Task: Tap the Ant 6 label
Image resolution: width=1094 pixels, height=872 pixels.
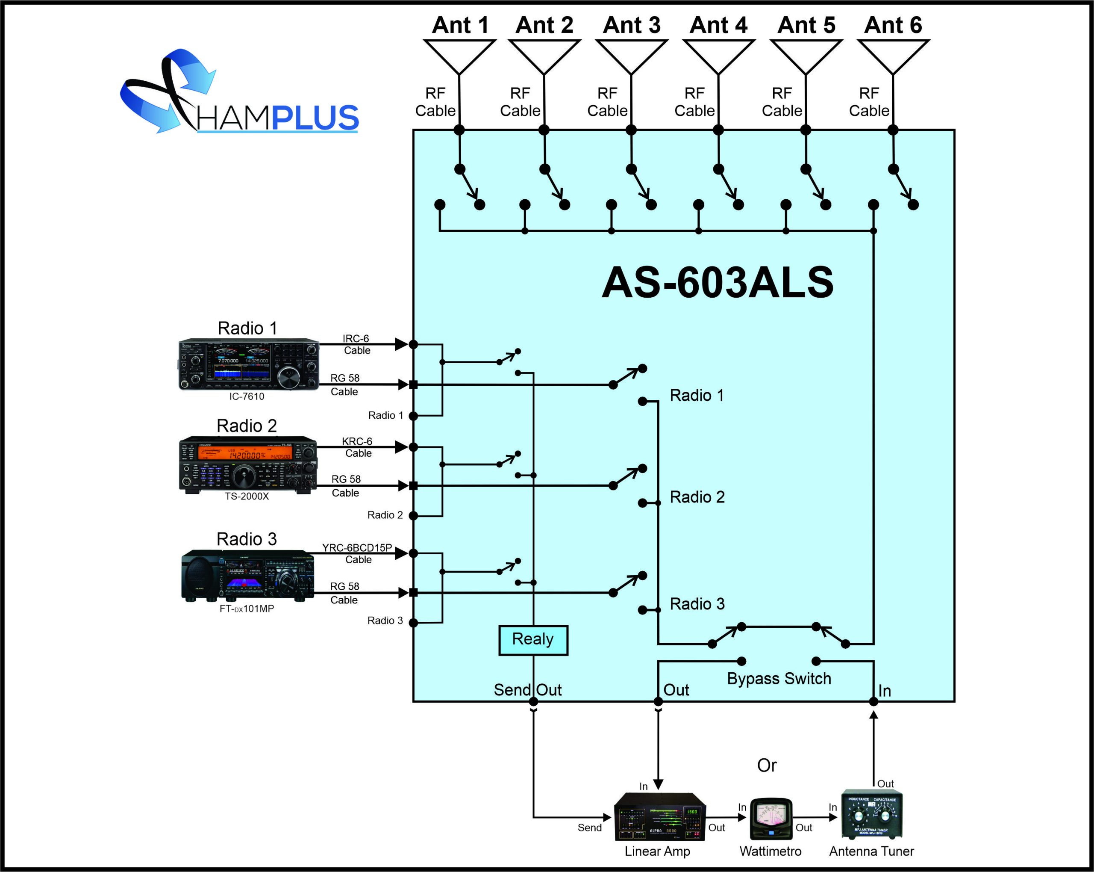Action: pyautogui.click(x=893, y=25)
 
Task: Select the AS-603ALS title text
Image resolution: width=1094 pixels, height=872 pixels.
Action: pyautogui.click(x=717, y=283)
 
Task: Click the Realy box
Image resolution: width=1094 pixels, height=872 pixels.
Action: pyautogui.click(x=533, y=639)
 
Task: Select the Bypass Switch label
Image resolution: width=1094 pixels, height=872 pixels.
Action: pyautogui.click(x=779, y=679)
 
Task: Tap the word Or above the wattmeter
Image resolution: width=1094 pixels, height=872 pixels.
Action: pyautogui.click(x=767, y=766)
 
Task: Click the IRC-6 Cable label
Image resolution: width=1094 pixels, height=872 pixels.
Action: pyautogui.click(x=356, y=344)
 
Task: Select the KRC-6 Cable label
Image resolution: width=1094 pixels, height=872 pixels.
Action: pyautogui.click(x=357, y=447)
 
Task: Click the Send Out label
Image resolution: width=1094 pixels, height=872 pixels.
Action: pyautogui.click(x=527, y=690)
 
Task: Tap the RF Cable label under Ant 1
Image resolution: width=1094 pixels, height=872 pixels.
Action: pyautogui.click(x=435, y=102)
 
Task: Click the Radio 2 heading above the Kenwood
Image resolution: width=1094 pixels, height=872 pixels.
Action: pyautogui.click(x=247, y=426)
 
